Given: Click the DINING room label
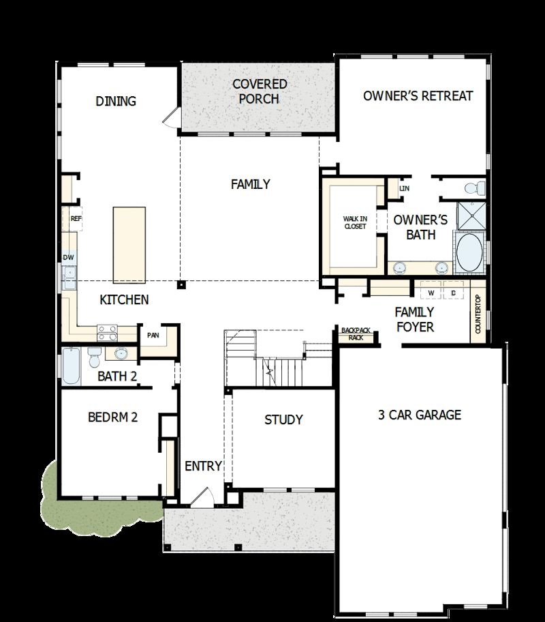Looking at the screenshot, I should click(116, 101).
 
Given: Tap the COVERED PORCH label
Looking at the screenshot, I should click(260, 91).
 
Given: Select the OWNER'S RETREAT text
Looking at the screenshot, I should click(418, 95).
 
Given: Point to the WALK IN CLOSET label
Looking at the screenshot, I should click(354, 222).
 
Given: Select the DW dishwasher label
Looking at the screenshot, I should click(68, 257).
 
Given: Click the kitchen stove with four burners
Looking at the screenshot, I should click(107, 332).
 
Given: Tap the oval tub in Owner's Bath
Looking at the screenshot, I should click(468, 252).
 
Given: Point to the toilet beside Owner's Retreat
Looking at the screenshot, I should click(473, 188).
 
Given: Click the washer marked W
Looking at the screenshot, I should click(431, 293).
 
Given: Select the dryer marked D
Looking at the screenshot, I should click(452, 293).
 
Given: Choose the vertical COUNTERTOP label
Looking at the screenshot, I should click(478, 314).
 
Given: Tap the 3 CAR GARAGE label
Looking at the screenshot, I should click(420, 415).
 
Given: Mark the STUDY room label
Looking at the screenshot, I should click(283, 419).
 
